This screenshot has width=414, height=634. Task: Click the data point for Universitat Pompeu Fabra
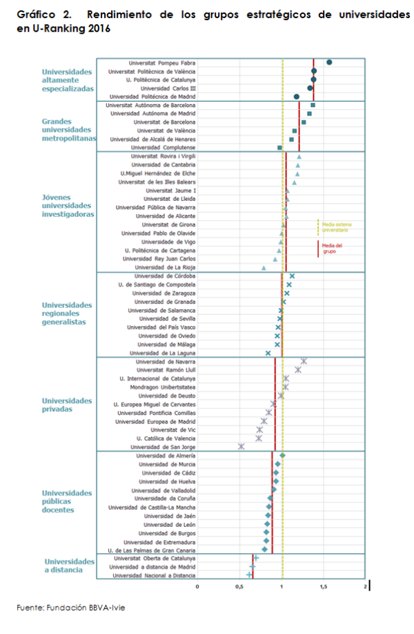[329, 62]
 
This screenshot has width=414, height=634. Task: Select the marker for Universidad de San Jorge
[241, 446]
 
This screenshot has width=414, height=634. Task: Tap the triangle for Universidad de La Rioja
[264, 268]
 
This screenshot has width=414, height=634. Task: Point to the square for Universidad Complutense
[279, 148]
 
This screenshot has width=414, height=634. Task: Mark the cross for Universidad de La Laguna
[268, 353]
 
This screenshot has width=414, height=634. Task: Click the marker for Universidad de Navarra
[304, 361]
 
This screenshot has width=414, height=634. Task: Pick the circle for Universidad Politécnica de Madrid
[297, 97]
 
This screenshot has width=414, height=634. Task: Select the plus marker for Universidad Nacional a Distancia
[249, 575]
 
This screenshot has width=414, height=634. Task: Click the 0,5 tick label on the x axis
[239, 587]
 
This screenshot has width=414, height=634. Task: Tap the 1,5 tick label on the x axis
[324, 587]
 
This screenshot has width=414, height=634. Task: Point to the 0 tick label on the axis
[197, 587]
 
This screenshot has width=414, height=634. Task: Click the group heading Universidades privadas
[67, 405]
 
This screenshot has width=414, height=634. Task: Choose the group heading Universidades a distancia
[70, 565]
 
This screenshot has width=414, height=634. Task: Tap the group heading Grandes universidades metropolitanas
[69, 130]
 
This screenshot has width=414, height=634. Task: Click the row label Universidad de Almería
[166, 456]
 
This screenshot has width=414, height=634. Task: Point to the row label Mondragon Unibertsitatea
[162, 387]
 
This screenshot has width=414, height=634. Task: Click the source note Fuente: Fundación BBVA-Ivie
[70, 607]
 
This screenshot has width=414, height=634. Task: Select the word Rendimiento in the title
[119, 15]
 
